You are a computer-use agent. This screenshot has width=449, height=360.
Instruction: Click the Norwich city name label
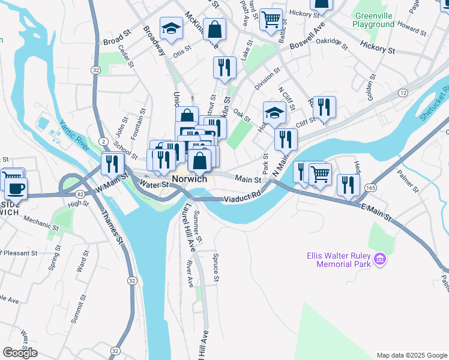pos(189,179)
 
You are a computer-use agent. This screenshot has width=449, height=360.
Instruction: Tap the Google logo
pos(20,353)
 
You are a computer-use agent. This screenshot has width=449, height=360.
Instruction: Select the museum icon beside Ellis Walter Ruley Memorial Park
pos(379,259)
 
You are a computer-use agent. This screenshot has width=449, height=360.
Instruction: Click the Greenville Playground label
pos(374,20)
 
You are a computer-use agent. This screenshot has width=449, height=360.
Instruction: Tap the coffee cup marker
pos(16,188)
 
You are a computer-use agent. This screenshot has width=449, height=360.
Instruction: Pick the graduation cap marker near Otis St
pos(171,28)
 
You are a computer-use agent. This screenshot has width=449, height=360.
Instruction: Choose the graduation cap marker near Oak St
pos(274,112)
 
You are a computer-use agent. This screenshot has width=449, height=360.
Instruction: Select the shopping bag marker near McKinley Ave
pos(214,29)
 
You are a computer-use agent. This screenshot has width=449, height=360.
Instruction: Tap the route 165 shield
pos(372,188)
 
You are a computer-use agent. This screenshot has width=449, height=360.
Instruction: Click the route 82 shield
pos(79,194)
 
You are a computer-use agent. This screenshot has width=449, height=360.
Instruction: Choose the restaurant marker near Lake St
pos(225,67)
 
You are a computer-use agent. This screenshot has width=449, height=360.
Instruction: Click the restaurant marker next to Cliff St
pos(324,107)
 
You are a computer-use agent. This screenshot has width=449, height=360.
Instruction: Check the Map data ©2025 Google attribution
pos(411,355)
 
